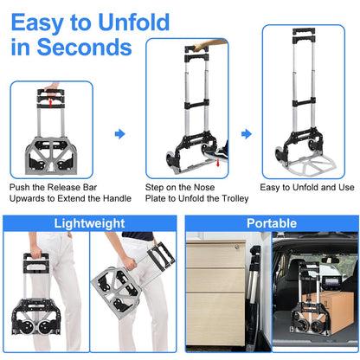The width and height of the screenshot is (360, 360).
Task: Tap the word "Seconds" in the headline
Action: point(87,47)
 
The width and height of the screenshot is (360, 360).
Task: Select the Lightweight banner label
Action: point(89,222)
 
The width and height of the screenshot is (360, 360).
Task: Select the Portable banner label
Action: point(271,222)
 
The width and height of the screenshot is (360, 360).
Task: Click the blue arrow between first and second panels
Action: point(119,134)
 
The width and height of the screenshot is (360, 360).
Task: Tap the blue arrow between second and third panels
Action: point(246,134)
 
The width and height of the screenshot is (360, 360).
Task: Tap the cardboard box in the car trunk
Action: point(325,317)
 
